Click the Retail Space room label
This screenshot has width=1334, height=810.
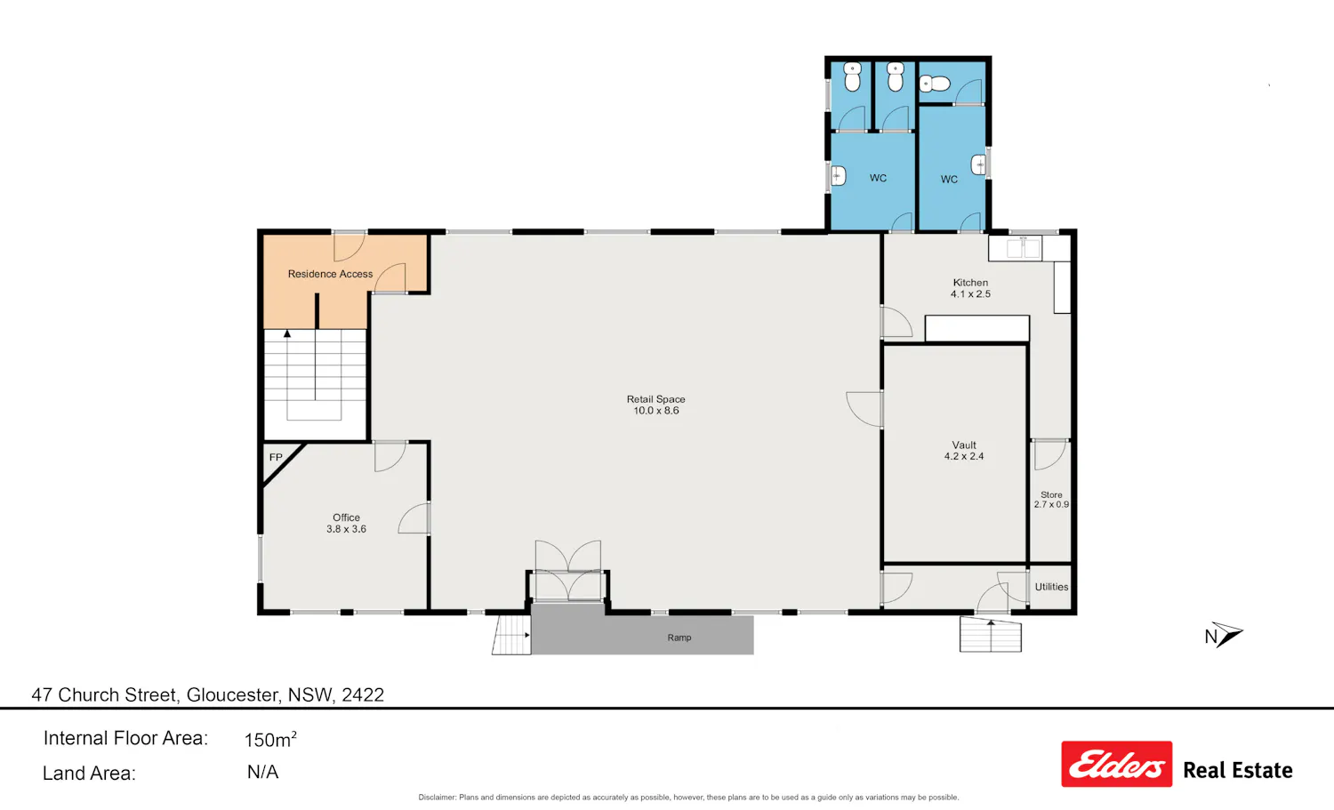(x=655, y=405)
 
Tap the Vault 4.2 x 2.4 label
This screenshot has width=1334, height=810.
(x=963, y=451)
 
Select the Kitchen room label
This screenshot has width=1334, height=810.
(x=970, y=288)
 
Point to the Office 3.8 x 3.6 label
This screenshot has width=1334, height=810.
(x=346, y=524)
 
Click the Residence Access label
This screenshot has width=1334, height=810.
(x=330, y=274)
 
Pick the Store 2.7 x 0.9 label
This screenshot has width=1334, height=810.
(x=1051, y=500)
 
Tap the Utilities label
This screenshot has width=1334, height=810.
(x=1051, y=587)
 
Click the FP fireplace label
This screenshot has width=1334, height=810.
(x=275, y=457)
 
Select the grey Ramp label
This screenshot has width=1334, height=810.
(x=679, y=638)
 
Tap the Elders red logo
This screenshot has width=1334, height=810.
(x=1117, y=764)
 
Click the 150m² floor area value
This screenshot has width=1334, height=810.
(x=269, y=739)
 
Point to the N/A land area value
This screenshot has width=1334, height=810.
(x=262, y=772)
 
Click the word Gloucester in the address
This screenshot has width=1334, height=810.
(x=232, y=695)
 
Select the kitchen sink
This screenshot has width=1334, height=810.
(x=1023, y=248)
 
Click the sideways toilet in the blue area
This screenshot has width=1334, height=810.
(x=935, y=84)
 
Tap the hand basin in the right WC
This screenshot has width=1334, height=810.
(x=978, y=164)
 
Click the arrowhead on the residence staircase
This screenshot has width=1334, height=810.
(x=287, y=333)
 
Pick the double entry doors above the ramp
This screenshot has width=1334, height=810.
(x=567, y=571)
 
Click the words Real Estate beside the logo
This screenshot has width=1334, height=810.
(x=1238, y=771)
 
